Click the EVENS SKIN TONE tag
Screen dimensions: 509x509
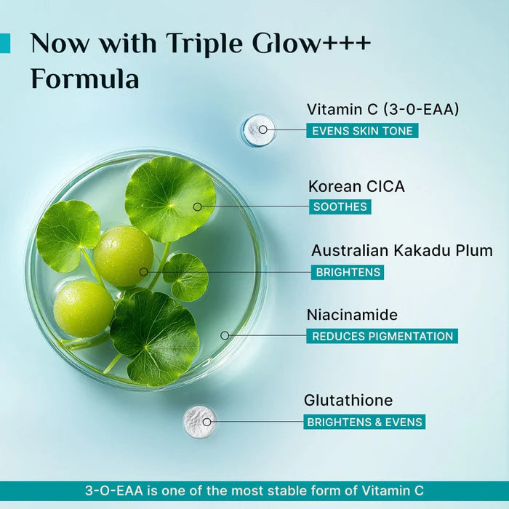point(361,131)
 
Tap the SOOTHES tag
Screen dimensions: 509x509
point(340,207)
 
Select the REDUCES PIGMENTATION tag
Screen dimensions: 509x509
point(381,336)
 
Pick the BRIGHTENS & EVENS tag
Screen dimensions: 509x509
point(364,422)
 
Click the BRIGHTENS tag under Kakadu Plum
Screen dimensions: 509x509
point(347,272)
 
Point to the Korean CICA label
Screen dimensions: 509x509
point(356,186)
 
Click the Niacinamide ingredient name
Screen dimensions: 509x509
point(353,315)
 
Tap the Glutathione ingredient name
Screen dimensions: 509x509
point(348,400)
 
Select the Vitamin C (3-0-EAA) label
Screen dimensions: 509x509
point(382,109)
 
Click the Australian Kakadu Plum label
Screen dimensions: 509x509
point(402,250)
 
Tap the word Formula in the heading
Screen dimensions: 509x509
point(84,79)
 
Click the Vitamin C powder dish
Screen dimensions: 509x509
point(258,130)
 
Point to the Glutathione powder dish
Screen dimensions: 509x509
point(199,420)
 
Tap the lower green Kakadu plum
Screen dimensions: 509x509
point(84,309)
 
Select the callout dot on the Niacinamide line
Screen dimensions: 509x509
point(225,335)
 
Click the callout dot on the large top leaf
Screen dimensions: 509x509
point(197,207)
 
